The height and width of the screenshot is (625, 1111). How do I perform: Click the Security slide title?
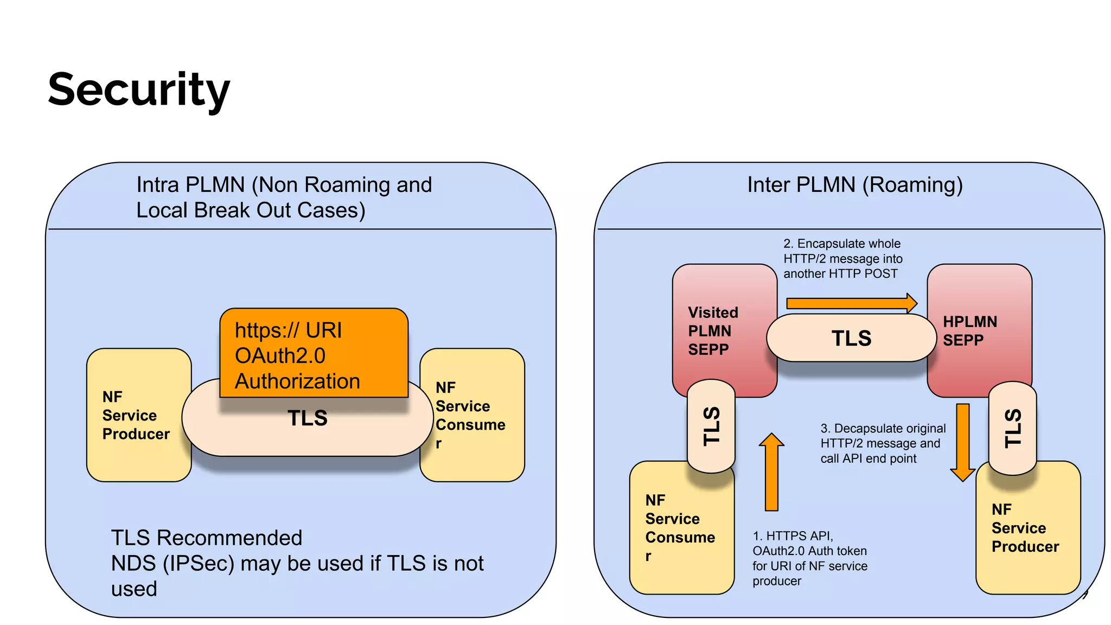(x=139, y=90)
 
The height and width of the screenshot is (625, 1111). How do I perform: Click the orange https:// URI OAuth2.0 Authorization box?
(x=314, y=353)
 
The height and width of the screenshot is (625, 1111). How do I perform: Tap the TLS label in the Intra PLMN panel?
(x=307, y=418)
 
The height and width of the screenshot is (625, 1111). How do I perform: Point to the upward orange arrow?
(x=771, y=472)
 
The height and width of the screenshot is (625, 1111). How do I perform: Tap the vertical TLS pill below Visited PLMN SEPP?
(x=711, y=426)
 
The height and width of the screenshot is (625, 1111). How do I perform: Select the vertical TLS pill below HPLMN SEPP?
(x=1012, y=429)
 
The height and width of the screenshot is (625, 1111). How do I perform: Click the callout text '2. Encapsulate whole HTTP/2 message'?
(x=842, y=259)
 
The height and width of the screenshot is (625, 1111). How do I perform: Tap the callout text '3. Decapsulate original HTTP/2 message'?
(x=882, y=443)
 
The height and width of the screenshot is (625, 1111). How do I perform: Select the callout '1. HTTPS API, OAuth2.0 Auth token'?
(x=809, y=558)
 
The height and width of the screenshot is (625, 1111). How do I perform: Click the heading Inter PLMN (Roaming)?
(x=854, y=185)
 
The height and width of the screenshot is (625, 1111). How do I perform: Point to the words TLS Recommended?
(x=207, y=538)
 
